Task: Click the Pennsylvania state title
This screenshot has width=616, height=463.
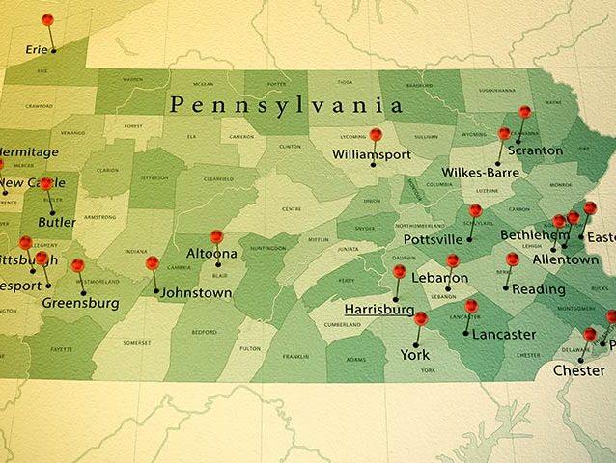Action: (x=286, y=104)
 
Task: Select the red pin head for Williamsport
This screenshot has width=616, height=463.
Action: (x=376, y=135)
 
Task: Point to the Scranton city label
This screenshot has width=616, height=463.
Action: (x=534, y=150)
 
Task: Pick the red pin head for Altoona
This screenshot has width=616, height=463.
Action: (x=216, y=235)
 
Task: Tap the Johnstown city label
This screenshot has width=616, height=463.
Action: (x=196, y=292)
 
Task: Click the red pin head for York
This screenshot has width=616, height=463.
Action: (x=420, y=317)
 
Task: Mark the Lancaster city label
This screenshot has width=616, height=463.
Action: (x=498, y=335)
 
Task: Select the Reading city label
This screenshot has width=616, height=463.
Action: (x=539, y=289)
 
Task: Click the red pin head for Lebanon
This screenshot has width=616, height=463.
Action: (x=452, y=260)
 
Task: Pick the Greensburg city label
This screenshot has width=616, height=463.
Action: (x=81, y=303)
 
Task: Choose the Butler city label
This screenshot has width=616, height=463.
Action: (x=56, y=221)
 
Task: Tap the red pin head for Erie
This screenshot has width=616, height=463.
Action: (x=47, y=19)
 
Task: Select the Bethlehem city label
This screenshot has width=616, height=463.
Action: (x=534, y=235)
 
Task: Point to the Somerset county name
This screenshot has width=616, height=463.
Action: (x=136, y=343)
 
